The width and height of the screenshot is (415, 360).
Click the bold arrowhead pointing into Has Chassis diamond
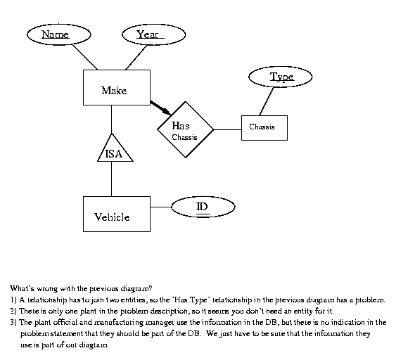167,111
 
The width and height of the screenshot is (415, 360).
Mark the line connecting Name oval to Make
85,57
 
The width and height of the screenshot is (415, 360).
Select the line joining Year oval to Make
136,58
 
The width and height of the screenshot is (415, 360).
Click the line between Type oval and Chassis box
267,101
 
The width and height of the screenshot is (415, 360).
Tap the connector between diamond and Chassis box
227,129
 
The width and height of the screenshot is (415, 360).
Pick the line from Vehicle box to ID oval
161,207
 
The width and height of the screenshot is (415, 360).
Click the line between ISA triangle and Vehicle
111,179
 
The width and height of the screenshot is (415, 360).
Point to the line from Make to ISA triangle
111,120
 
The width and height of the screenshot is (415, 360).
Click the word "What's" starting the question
22,288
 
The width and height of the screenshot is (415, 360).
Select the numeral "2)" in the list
13,311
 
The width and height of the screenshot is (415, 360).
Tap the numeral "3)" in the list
13,323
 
